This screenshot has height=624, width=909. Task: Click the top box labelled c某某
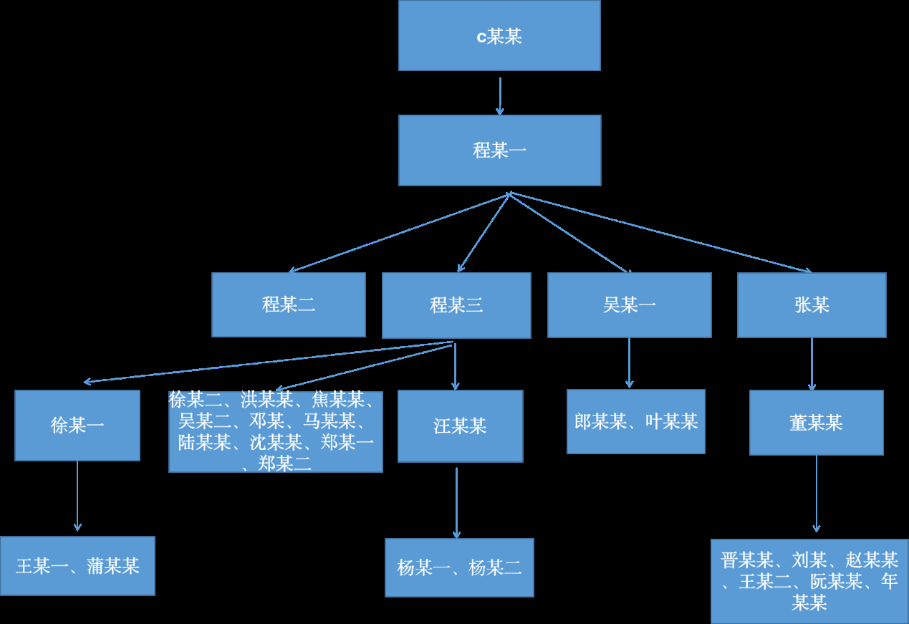tap(499, 36)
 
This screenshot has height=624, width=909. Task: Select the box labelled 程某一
tap(499, 150)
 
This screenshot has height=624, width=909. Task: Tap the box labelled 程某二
tap(289, 304)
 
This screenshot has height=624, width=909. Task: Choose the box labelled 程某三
tap(456, 305)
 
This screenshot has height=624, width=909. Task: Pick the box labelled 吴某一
tap(629, 304)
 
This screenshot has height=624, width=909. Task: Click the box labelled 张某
tap(812, 304)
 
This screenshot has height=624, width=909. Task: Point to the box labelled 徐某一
tap(77, 426)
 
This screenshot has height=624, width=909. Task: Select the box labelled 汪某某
tap(460, 426)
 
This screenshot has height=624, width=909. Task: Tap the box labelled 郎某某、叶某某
tap(636, 421)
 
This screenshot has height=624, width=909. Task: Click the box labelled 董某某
tap(816, 423)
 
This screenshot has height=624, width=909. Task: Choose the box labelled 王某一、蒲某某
tap(77, 566)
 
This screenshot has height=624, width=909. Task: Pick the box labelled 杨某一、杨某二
tap(459, 568)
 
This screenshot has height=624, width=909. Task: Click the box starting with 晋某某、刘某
tap(809, 581)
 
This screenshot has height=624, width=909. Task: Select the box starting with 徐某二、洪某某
tap(276, 431)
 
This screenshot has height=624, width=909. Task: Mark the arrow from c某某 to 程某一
tap(499, 95)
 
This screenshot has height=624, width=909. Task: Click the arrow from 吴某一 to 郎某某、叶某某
tap(629, 363)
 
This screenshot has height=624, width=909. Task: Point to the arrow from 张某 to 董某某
tap(812, 364)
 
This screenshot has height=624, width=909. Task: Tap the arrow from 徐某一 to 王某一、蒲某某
tap(77, 496)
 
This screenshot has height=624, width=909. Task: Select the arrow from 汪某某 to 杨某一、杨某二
tap(456, 502)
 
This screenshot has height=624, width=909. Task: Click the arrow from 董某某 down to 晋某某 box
tap(816, 494)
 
